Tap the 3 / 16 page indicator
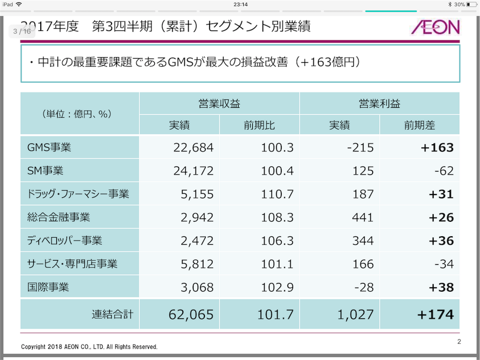point(22,31)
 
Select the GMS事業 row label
point(49,147)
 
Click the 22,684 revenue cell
point(193,148)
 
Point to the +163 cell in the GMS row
point(437,148)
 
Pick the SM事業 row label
point(45,171)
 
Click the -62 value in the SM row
point(444,171)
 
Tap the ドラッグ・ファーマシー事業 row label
point(78,194)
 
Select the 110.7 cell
point(277,194)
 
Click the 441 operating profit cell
point(363,217)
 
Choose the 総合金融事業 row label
point(59,217)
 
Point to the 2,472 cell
point(197,240)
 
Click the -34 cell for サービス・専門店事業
point(444,264)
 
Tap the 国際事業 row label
point(48,287)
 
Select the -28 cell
point(364,287)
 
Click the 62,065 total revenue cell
point(191,315)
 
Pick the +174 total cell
point(435,315)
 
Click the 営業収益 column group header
point(219,104)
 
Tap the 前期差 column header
point(420,125)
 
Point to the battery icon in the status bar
point(472,4)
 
